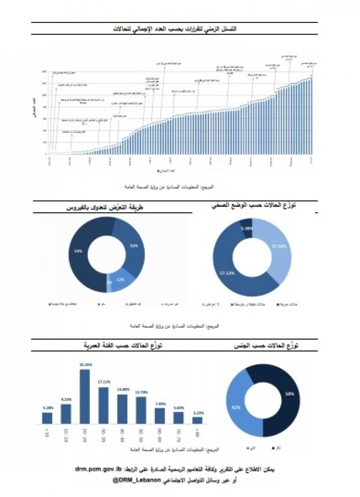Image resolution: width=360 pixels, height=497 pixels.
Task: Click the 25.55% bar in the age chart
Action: pyautogui.click(x=85, y=396)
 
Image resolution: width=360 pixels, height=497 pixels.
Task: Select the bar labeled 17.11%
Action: pyautogui.click(x=103, y=405)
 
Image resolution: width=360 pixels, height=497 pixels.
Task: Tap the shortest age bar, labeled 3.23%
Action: pyautogui.click(x=197, y=420)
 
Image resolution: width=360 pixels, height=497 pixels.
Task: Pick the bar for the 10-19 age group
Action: pyautogui.click(x=66, y=414)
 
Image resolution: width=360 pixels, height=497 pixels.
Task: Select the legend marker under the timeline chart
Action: pyautogui.click(x=158, y=171)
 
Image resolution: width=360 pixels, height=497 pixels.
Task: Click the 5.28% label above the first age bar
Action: pyautogui.click(x=47, y=408)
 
